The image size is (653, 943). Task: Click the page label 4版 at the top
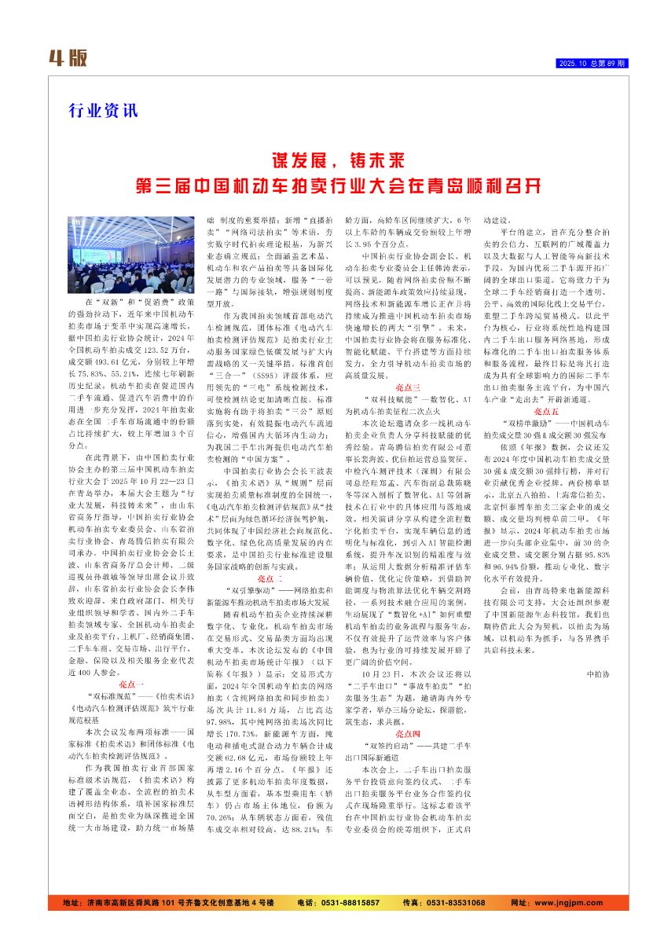coord(68,57)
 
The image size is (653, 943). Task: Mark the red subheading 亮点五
coord(546,410)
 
